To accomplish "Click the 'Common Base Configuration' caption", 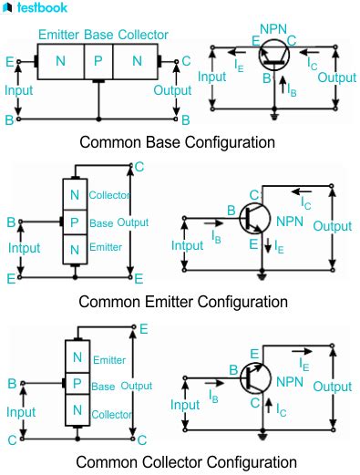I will (x=178, y=142).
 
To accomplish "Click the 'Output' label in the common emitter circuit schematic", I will (x=332, y=226).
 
